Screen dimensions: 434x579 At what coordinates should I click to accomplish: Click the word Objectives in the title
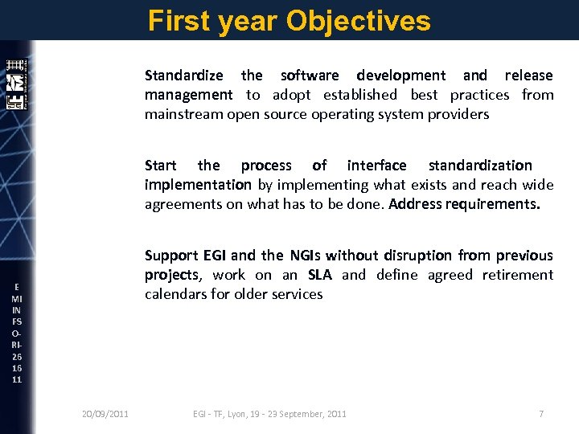(x=358, y=21)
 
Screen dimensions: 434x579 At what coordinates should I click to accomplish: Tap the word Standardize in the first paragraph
(x=183, y=76)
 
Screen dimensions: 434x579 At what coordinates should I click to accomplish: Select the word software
(x=310, y=76)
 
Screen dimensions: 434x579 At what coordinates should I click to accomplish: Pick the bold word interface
(x=376, y=166)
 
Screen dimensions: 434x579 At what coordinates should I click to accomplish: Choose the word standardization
(x=480, y=166)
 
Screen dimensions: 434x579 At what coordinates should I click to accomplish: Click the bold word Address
(x=414, y=204)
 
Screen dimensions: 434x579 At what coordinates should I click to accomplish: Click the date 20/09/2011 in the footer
(x=105, y=414)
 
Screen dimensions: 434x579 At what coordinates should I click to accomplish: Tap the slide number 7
(x=541, y=414)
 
